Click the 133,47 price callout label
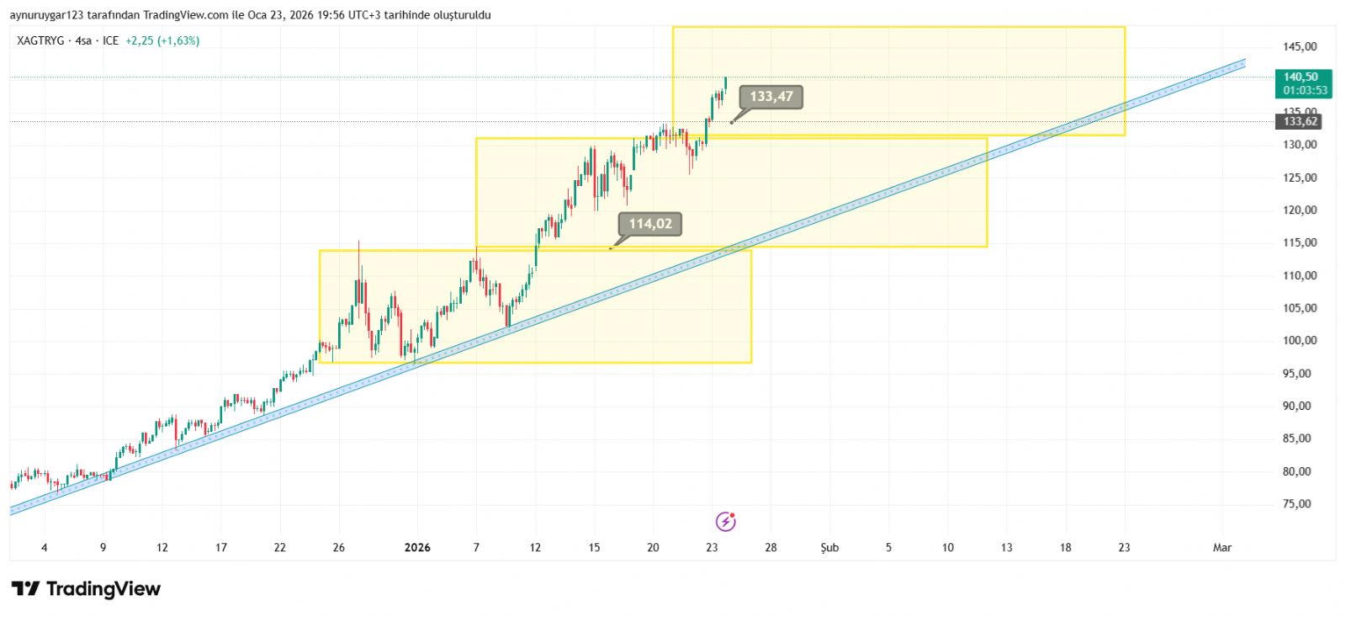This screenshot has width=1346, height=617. click(x=771, y=97)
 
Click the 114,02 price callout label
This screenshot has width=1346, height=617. click(x=650, y=224)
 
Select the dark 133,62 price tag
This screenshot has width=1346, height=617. click(x=1300, y=122)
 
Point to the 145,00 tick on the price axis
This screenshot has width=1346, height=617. click(x=1300, y=47)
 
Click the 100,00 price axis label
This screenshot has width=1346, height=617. click(x=1300, y=341)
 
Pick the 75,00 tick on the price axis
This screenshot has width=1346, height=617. click(x=1296, y=504)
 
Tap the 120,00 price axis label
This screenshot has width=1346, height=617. click(x=1300, y=210)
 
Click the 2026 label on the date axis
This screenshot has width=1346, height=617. click(x=417, y=548)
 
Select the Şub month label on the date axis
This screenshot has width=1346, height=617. click(x=829, y=548)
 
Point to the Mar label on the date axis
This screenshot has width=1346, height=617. click(x=1221, y=548)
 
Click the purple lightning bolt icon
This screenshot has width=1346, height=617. click(x=725, y=522)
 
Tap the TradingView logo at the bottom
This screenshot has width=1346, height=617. click(x=86, y=589)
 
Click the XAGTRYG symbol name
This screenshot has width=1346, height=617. click(x=40, y=40)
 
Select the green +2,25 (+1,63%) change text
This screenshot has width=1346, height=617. click(x=162, y=40)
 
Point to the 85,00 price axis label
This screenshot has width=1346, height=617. click(x=1296, y=439)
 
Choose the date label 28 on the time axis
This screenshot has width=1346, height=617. click(x=771, y=548)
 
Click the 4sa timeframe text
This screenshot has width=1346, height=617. click(x=83, y=40)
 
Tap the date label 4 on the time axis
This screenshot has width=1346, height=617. click(x=45, y=548)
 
